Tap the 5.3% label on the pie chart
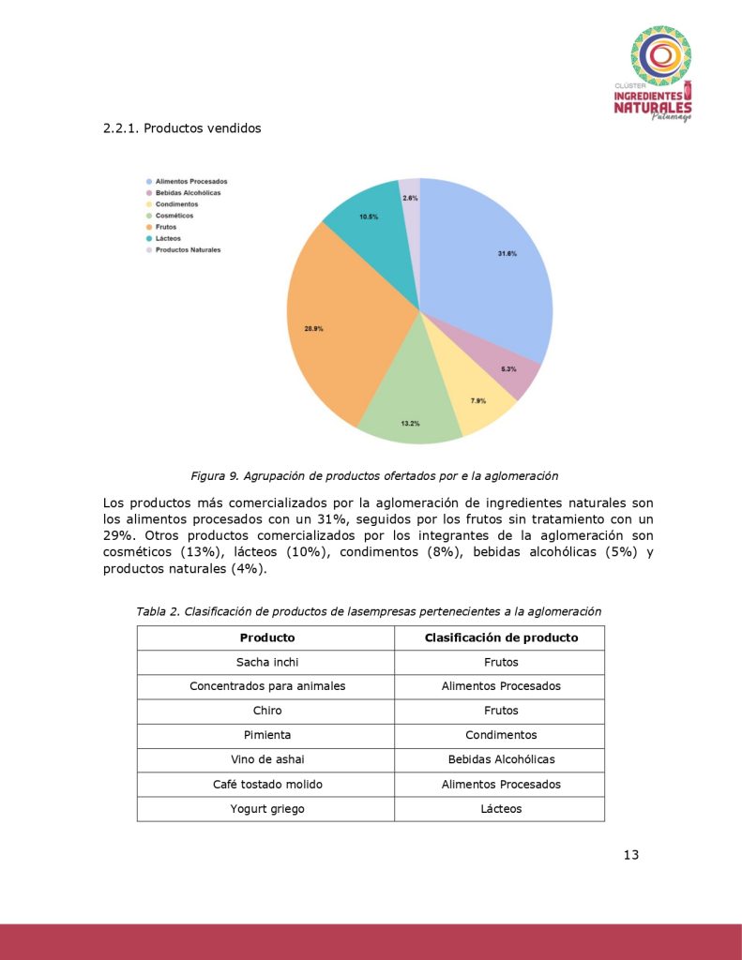508,369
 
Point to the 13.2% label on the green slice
410,424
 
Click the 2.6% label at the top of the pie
410,198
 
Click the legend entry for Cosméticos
174,216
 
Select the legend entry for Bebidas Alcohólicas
188,193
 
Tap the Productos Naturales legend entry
188,250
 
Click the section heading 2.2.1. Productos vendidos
182,127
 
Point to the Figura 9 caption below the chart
375,475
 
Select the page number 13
630,854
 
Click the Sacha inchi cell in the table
266,663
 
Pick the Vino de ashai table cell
266,760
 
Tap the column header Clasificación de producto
501,637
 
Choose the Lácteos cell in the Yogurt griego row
501,809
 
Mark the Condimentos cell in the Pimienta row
501,736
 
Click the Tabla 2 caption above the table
369,611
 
